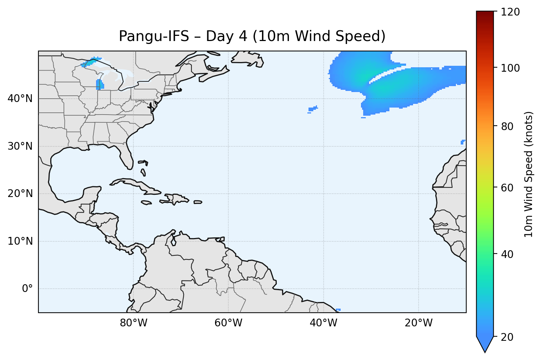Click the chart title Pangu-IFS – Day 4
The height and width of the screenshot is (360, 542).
pyautogui.click(x=252, y=36)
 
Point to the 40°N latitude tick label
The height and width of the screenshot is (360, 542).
pyautogui.click(x=20, y=99)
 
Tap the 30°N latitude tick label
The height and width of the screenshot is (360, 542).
pyautogui.click(x=20, y=146)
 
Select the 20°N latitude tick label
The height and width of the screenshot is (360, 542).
pyautogui.click(x=20, y=194)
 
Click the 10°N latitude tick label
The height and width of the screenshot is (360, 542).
pyautogui.click(x=20, y=241)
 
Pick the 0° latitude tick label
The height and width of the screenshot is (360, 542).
pyautogui.click(x=27, y=289)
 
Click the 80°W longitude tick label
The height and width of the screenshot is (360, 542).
pyautogui.click(x=133, y=323)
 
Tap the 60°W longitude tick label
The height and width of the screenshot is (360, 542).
pyautogui.click(x=228, y=323)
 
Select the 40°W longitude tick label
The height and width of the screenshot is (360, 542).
pyautogui.click(x=323, y=323)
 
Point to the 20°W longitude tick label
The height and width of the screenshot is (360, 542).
pyautogui.click(x=418, y=323)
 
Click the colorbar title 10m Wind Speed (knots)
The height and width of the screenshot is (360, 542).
pyautogui.click(x=529, y=174)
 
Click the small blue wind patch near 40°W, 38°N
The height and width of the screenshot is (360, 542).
pyautogui.click(x=313, y=109)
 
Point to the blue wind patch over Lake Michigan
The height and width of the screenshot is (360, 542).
pyautogui.click(x=99, y=85)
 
